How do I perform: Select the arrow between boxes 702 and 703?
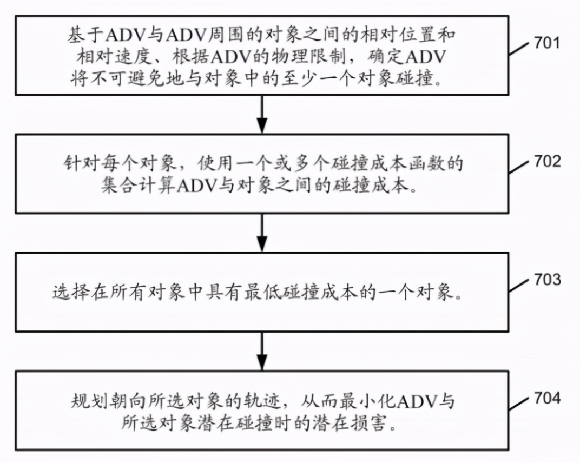262,233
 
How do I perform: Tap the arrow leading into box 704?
262,351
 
